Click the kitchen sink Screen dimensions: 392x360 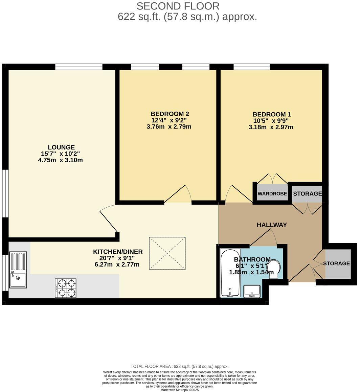tap(18, 270)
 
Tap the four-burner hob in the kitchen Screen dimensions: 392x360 tap(66, 288)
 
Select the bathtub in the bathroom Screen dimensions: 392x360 tap(230, 273)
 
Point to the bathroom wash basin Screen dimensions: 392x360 tap(251, 291)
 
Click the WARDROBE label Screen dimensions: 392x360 tap(272, 194)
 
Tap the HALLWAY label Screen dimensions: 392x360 tap(272, 225)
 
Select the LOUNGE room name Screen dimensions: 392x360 tap(61, 147)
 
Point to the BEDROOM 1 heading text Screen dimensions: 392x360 tap(272, 115)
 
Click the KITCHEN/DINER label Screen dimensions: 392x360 tap(118, 252)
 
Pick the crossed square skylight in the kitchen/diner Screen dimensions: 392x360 tap(167, 253)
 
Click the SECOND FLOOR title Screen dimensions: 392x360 tap(178, 6)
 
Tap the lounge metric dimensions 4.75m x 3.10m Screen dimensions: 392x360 tap(61, 160)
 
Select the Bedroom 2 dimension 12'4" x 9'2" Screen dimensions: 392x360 tap(169, 120)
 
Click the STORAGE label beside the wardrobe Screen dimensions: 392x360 tap(307, 194)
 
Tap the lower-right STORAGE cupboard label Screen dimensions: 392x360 tap(336, 263)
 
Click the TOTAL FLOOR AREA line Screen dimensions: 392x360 tap(179, 366)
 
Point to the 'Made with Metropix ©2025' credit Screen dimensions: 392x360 tap(179, 390)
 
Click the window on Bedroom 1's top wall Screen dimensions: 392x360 tap(251, 67)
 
